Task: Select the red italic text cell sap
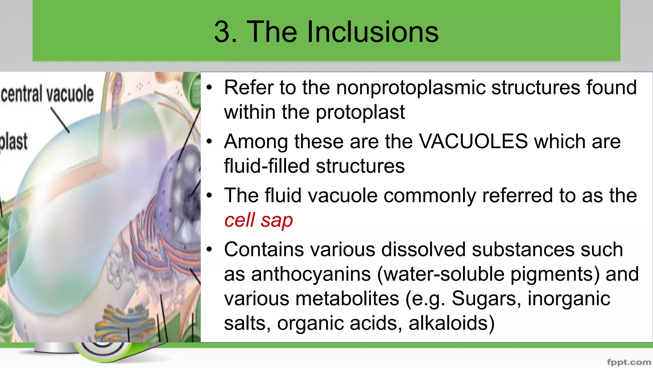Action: click(258, 220)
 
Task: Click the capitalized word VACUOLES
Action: click(473, 141)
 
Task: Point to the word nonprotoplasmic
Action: click(410, 88)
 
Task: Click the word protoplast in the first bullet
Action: click(360, 112)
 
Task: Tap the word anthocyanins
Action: click(311, 274)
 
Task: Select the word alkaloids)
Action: click(451, 323)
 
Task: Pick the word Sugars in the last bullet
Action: click(486, 299)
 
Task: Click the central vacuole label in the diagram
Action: click(47, 94)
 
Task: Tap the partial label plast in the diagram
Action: click(13, 141)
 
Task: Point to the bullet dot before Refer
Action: click(209, 88)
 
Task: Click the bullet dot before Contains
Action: click(209, 249)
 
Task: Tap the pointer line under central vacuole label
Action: click(60, 120)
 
